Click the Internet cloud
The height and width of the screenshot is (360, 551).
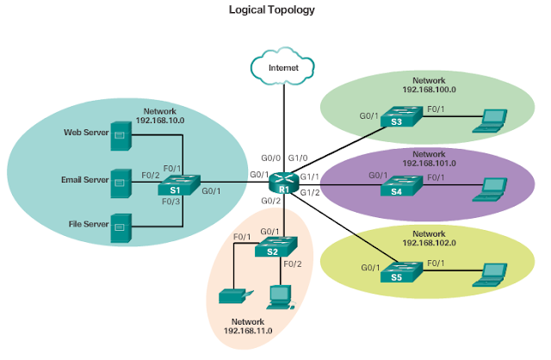(x=283, y=66)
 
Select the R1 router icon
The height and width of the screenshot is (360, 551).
(x=282, y=182)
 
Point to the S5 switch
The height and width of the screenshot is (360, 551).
(x=399, y=271)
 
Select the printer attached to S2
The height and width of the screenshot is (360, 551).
(x=232, y=296)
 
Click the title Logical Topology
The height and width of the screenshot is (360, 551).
(x=271, y=10)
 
